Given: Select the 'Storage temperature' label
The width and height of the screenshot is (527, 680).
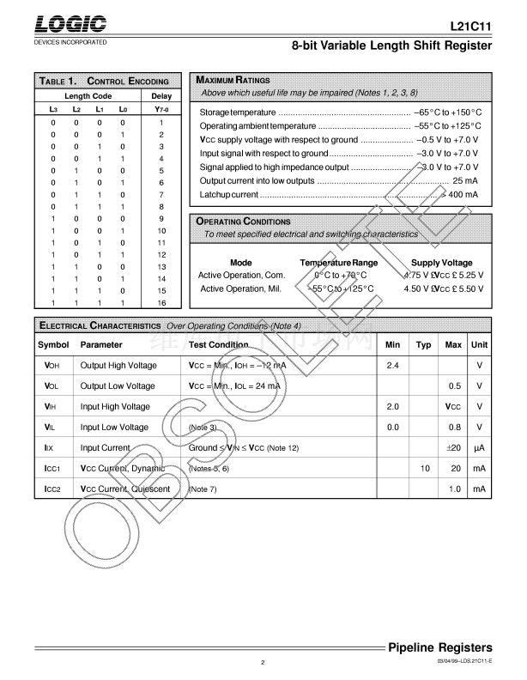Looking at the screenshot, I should pos(238,112).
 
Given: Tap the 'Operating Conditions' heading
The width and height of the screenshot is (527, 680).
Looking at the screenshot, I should pos(244,222).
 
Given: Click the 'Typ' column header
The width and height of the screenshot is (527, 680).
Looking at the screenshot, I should pos(423,344).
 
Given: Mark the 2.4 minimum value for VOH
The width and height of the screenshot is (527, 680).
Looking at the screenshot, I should pos(393,365).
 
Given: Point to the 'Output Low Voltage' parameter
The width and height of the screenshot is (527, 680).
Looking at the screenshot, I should pos(118,386).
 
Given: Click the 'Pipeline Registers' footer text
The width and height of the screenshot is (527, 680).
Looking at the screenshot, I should pos(439,647).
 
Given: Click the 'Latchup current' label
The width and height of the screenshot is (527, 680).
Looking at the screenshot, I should pos(229,196).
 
